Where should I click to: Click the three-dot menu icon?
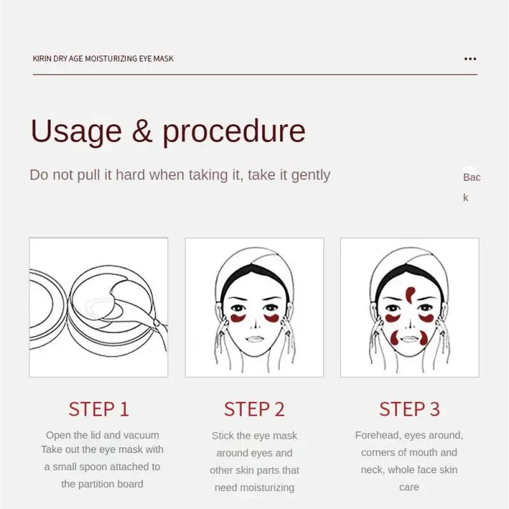470,59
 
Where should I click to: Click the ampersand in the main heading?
142,130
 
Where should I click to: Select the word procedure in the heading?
234,131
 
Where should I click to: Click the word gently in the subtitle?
310,176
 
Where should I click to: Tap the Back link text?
471,187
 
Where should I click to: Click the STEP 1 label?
99,408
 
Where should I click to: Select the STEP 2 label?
254,408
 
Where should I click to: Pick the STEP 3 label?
410,408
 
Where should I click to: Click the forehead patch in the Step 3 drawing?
410,295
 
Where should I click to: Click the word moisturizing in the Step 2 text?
254,487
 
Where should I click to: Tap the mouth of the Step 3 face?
409,339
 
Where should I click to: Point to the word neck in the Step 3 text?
372,470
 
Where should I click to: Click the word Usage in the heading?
76,131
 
